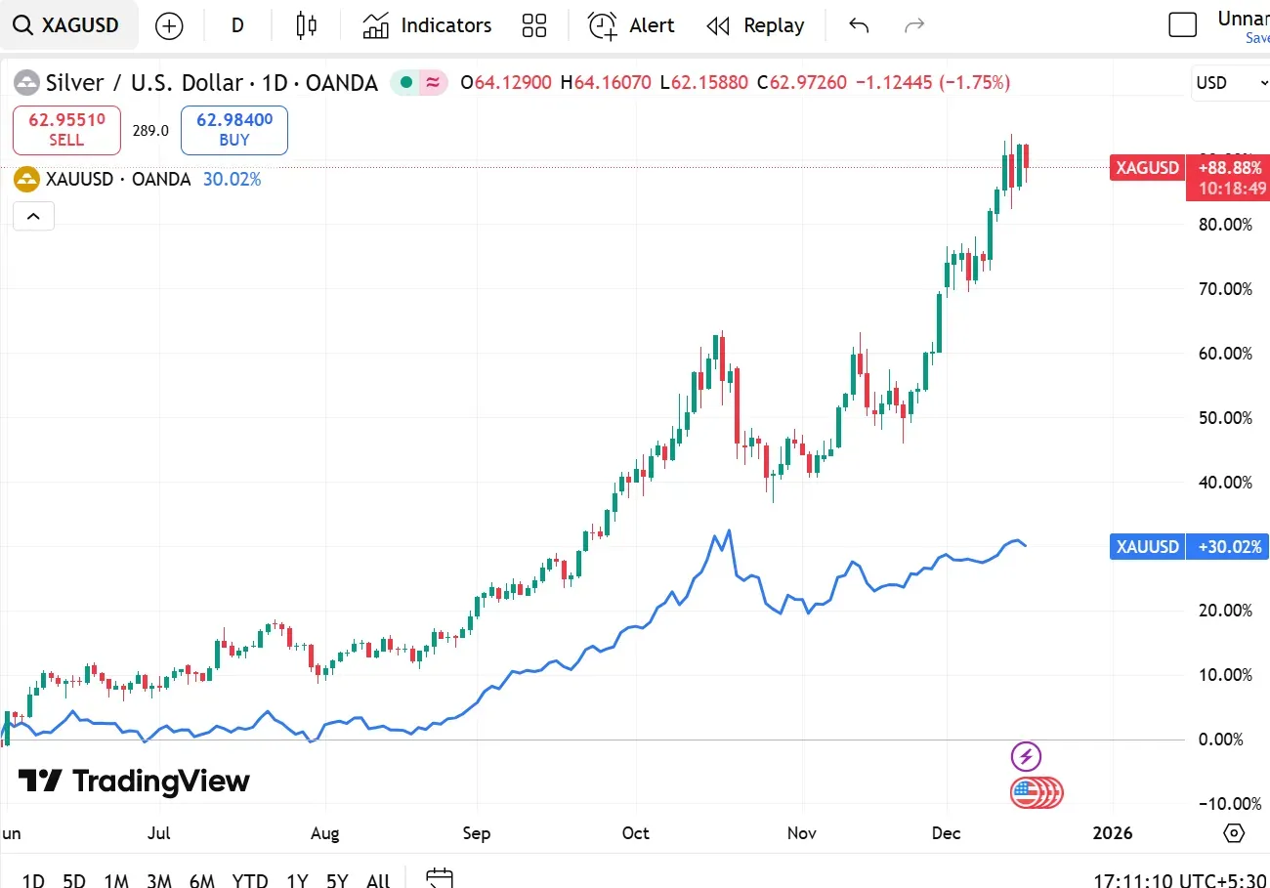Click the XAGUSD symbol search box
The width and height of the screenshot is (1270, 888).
[x=68, y=25]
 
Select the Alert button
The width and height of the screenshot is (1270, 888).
[x=631, y=25]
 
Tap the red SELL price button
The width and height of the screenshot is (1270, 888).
[x=66, y=130]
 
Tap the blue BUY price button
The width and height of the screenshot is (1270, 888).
[x=234, y=130]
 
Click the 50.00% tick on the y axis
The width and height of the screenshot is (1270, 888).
[x=1224, y=418]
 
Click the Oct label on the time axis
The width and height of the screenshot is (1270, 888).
[x=636, y=833]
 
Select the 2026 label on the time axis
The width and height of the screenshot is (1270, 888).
[x=1113, y=833]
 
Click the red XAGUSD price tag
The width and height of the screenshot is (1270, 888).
[x=1147, y=168]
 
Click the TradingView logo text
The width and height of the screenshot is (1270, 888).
[x=135, y=782]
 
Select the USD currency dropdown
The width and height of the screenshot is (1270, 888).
[x=1227, y=83]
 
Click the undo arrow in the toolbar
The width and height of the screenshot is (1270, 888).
[x=859, y=25]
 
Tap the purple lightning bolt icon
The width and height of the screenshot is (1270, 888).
[x=1026, y=756]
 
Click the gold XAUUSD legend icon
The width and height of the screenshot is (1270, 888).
[x=26, y=180]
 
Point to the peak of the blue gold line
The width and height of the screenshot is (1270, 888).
[x=729, y=530]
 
